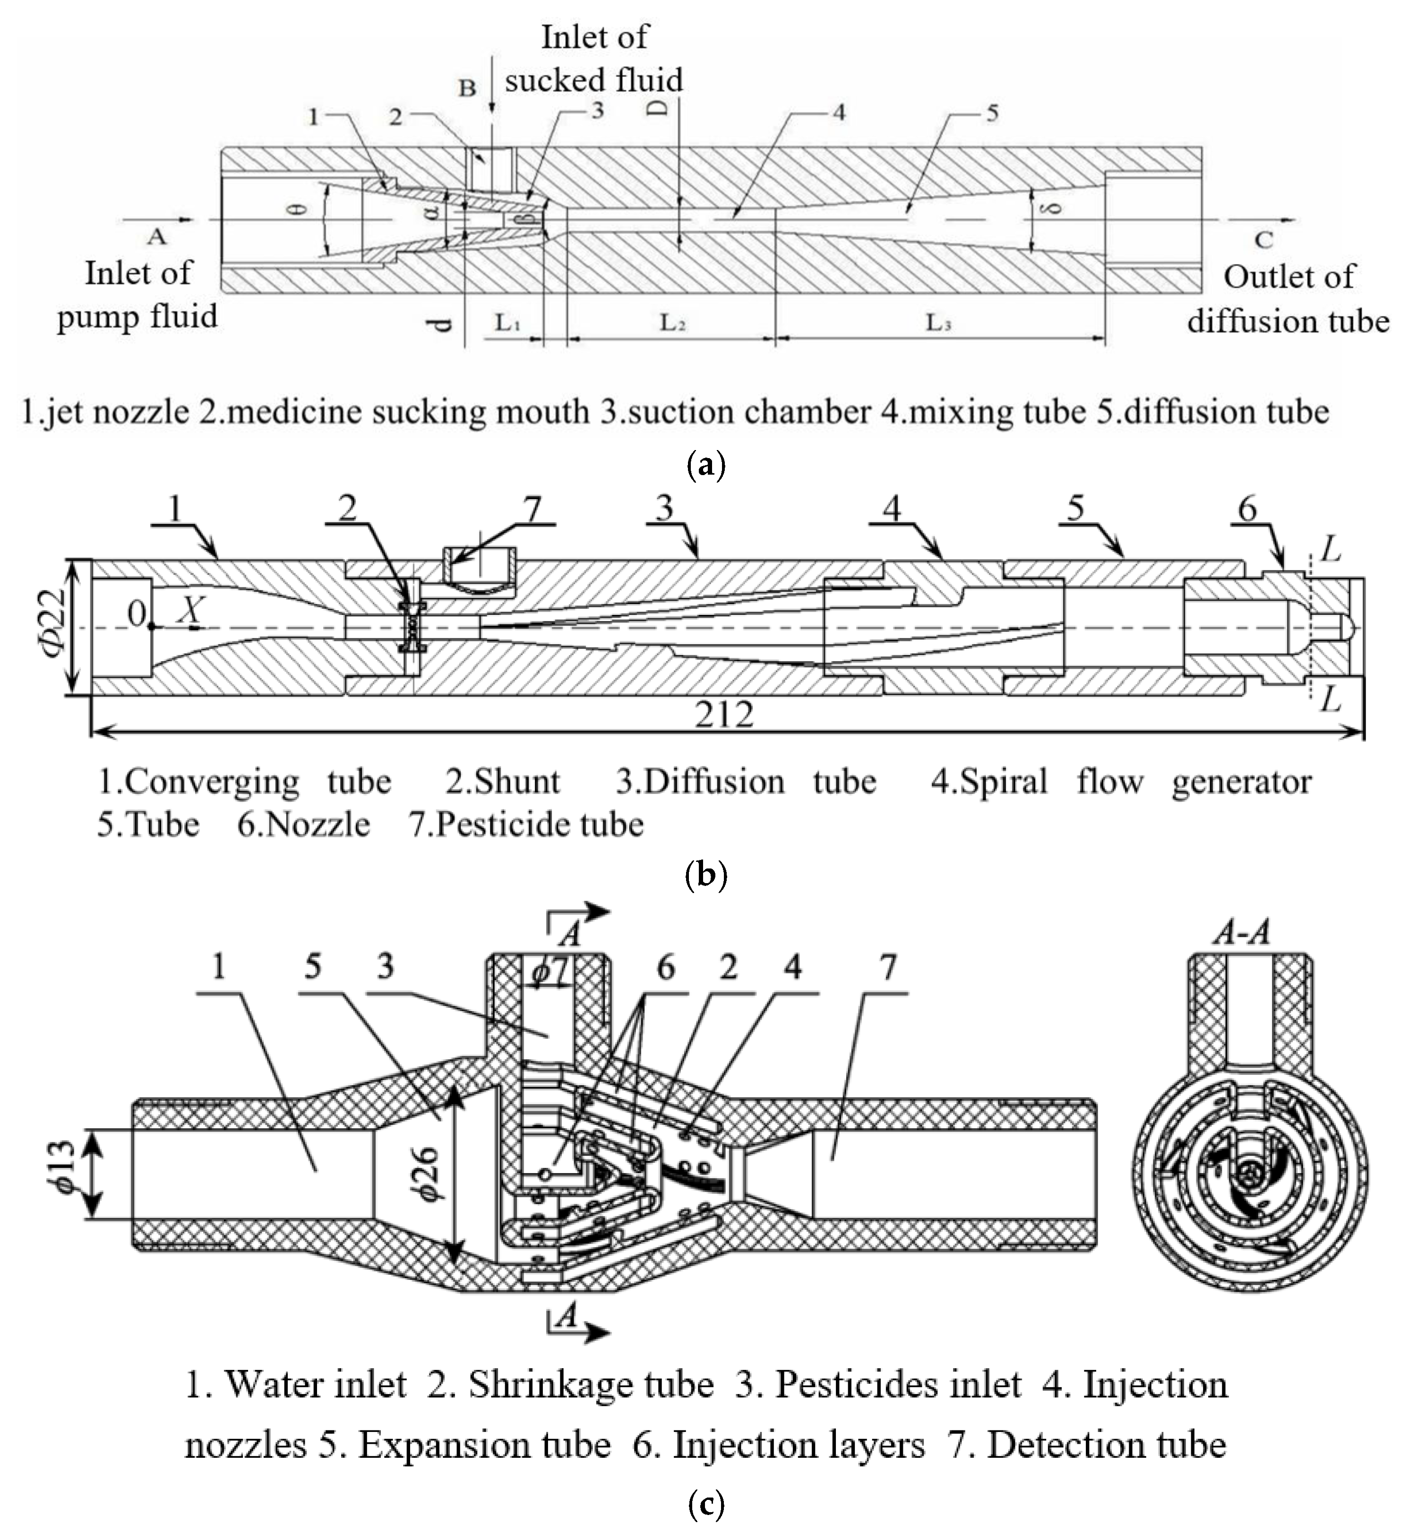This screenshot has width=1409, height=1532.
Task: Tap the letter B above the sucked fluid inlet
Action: point(467,88)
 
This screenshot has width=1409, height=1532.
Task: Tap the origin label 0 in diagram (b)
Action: point(136,613)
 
